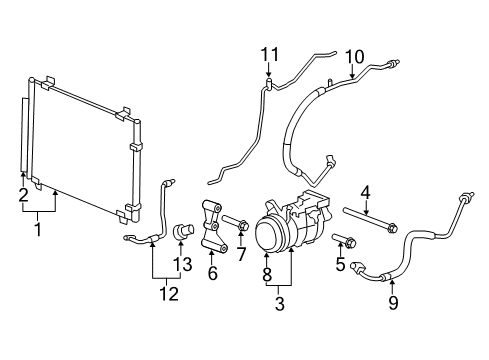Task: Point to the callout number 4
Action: (366, 191)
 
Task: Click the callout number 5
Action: (341, 264)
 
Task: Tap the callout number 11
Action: (267, 52)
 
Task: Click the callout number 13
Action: (180, 263)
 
